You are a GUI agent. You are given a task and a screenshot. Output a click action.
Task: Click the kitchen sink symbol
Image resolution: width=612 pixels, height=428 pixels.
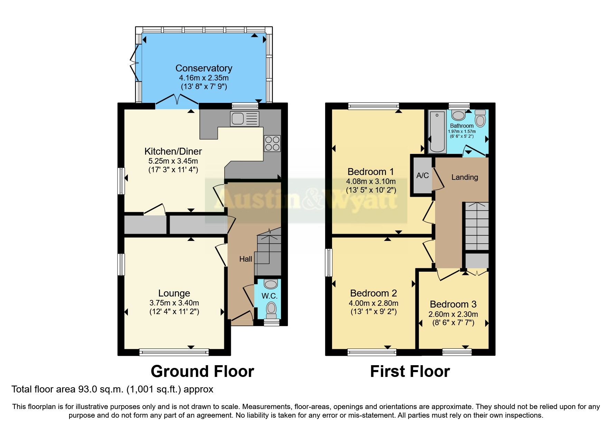pos(244,119)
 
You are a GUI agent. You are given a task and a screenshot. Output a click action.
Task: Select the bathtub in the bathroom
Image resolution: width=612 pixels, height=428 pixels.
pos(437,132)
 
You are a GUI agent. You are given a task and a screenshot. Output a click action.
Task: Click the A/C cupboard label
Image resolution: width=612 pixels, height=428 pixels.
pos(422,175)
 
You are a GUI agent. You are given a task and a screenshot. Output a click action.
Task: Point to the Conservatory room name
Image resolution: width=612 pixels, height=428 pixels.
pos(204,68)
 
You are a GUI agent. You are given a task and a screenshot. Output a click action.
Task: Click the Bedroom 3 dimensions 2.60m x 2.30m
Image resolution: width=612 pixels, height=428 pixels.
pos(453,314)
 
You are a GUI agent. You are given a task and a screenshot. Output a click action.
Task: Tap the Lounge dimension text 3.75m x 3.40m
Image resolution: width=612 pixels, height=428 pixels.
pos(174,303)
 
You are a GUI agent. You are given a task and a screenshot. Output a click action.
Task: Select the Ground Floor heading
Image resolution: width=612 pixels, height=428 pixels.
pos(202,371)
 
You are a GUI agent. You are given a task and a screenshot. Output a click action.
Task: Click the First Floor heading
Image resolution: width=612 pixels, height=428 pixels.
pos(410,371)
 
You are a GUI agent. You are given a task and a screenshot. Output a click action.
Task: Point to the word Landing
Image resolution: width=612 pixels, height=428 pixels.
pos(464,177)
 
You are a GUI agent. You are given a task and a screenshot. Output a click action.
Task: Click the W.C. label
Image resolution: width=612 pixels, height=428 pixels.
pos(269,296)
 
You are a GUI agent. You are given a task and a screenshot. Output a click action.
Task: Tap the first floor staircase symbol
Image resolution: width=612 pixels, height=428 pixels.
pos(477,226)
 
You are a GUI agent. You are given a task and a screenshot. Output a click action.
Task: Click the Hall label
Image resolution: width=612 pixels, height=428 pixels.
pos(246,259)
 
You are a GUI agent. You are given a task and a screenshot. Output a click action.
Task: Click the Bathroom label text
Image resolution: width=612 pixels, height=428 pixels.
pos(462,126)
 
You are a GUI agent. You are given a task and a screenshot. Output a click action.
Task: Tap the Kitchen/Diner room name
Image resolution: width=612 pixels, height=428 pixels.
pos(173,151)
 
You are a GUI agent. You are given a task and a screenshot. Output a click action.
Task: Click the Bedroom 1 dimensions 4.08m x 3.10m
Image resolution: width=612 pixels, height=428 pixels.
pos(371,181)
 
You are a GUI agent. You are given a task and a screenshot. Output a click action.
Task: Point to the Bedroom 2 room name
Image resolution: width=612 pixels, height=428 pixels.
pos(373,293)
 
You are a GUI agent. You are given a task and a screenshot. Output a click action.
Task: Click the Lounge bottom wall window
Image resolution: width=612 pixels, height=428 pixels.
pos(174,352)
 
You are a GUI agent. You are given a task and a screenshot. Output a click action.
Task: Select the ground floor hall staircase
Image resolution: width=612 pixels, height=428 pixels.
pos(268,254)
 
